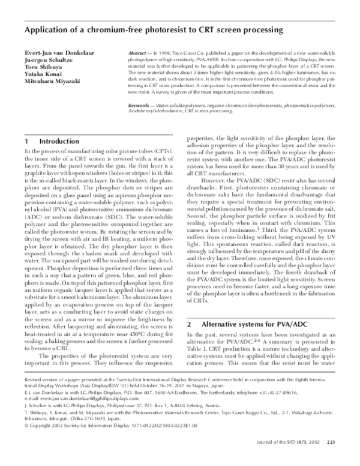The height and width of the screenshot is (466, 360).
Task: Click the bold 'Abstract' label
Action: click(139, 53)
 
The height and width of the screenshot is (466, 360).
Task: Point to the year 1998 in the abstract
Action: click(165, 53)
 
